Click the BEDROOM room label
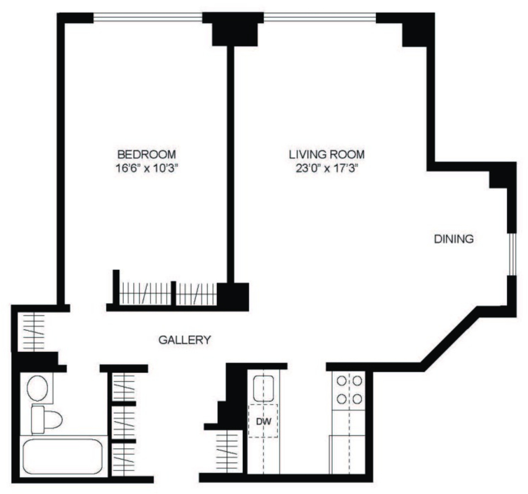point(146,155)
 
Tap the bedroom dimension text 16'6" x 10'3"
point(146,168)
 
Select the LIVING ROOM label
point(326,155)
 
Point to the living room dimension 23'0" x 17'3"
point(326,168)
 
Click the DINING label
point(454,239)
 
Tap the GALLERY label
point(185,340)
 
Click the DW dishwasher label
point(263,421)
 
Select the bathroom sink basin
point(37,388)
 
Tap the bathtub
point(62,456)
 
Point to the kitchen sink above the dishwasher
point(263,389)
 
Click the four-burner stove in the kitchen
point(349,390)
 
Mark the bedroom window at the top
point(147,17)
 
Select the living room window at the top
point(320,17)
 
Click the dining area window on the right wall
point(512,254)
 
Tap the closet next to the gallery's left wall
point(33,332)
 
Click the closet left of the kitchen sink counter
point(228,452)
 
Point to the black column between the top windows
point(235,29)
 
